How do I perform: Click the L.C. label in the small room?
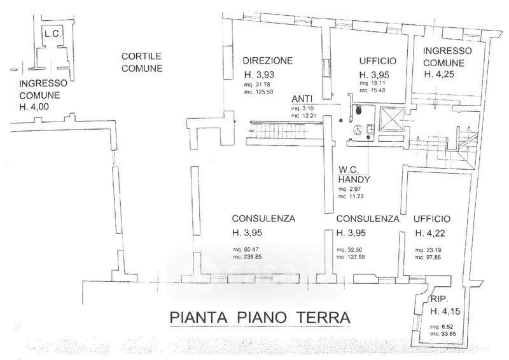[52, 34]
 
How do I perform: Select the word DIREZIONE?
[267, 61]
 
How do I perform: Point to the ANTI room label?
[301, 99]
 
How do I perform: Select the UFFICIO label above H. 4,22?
[432, 218]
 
